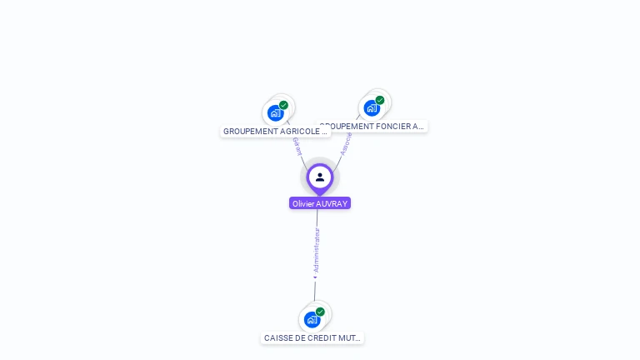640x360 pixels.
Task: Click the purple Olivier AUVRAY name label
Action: point(320,203)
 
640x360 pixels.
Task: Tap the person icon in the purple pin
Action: point(320,177)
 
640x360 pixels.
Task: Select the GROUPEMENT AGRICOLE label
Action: point(275,132)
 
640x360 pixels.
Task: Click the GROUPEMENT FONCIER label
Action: point(372,127)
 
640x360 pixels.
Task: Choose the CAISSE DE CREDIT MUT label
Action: point(312,338)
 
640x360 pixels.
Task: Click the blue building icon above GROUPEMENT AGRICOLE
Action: point(275,112)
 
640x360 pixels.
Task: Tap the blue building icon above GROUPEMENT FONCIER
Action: point(372,107)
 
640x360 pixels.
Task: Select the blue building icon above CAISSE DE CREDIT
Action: point(312,319)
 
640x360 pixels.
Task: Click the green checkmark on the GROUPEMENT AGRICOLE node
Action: point(284,105)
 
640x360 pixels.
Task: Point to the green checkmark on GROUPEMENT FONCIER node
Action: point(380,100)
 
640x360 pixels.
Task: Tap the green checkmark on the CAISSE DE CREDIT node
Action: point(320,312)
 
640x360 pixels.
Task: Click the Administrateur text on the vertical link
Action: point(316,250)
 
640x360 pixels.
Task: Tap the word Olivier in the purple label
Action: point(303,203)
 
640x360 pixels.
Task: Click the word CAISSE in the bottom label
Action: point(278,338)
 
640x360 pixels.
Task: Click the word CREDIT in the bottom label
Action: point(322,338)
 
